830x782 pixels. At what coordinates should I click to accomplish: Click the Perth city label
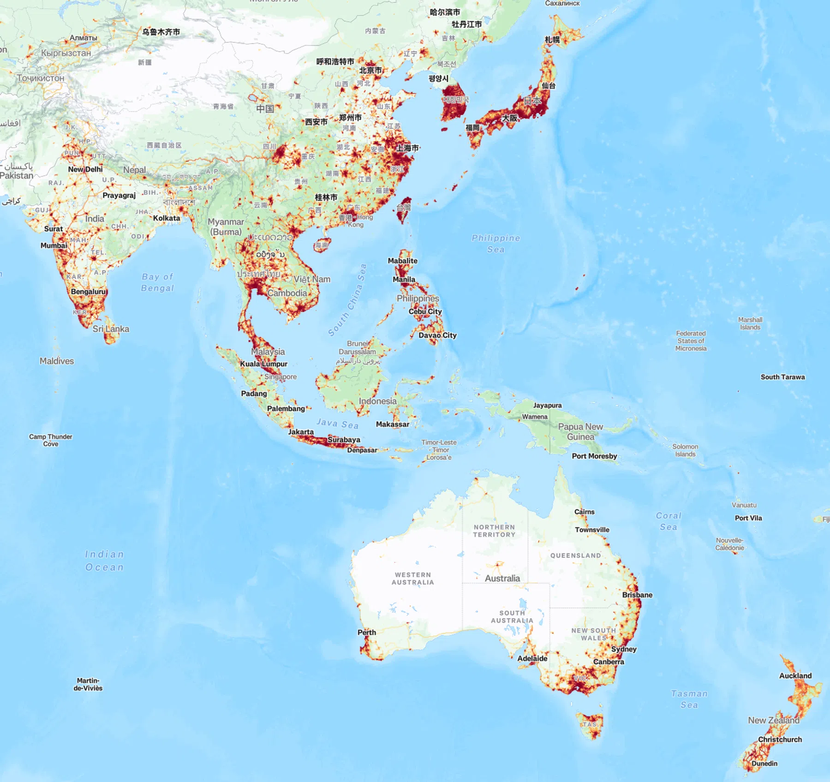[367, 633]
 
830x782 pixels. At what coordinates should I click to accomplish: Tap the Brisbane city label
[637, 595]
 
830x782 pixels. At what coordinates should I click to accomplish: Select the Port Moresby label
[594, 456]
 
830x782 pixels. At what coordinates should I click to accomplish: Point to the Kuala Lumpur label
[263, 364]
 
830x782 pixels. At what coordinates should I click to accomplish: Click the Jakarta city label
[301, 432]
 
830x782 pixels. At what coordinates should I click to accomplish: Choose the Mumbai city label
[54, 245]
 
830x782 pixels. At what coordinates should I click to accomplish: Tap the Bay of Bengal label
[157, 282]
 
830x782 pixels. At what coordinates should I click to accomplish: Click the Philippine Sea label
[496, 244]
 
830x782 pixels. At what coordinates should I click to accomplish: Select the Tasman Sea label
[689, 699]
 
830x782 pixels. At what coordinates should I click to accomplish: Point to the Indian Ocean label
[105, 561]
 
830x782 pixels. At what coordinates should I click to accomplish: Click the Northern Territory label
[494, 531]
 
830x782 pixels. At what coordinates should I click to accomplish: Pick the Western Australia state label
[412, 579]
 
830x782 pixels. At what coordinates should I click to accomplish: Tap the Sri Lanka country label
[111, 329]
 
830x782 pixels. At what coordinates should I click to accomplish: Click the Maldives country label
[57, 361]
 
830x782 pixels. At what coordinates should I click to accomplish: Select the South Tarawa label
[782, 377]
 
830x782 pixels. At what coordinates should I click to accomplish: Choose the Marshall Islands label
[750, 323]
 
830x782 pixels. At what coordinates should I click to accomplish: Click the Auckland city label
[795, 676]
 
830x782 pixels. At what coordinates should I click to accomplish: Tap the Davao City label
[437, 335]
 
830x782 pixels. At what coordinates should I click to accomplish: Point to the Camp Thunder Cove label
[51, 440]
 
